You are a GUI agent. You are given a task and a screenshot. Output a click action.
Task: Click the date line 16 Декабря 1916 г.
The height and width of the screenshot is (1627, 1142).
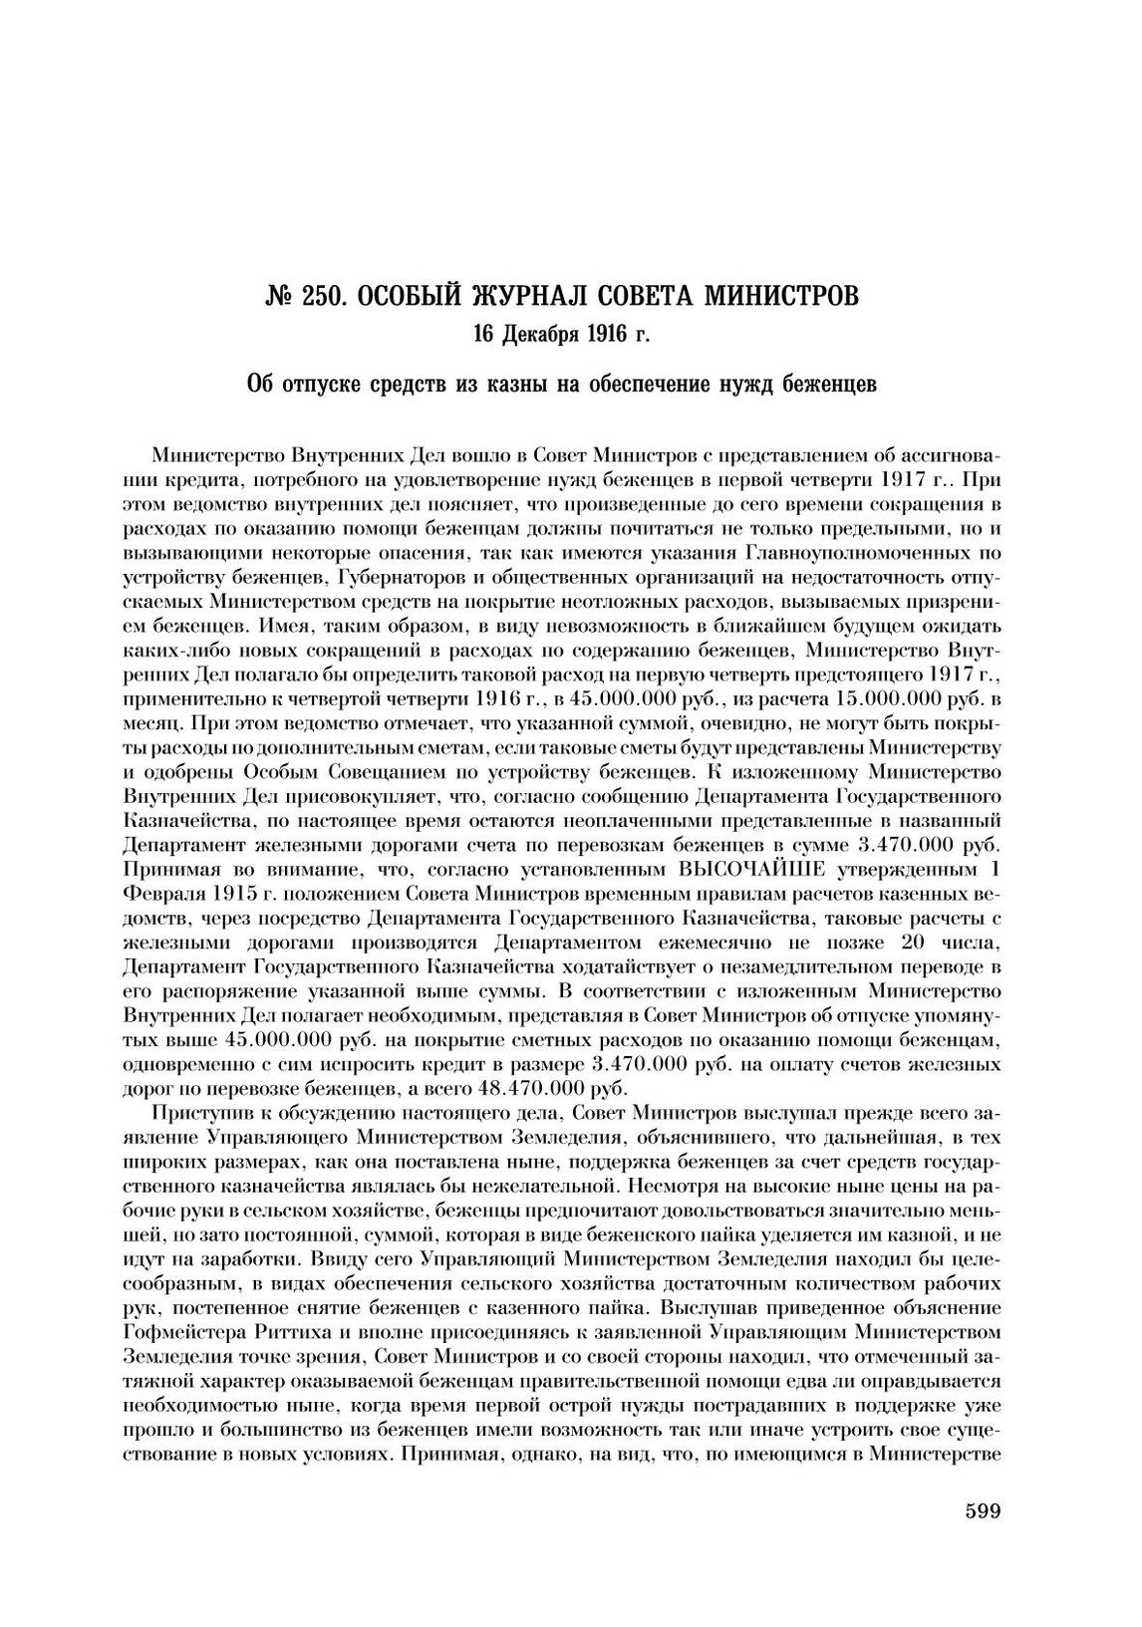point(561,334)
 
